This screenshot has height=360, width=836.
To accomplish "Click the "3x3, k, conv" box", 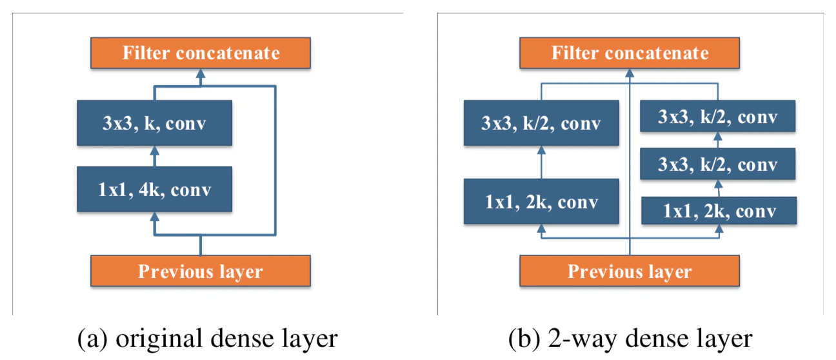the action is point(155,123).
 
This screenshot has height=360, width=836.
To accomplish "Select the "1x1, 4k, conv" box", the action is point(155,189).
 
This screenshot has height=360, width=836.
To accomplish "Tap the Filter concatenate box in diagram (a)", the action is point(201,53).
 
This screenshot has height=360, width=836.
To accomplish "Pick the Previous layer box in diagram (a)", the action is point(201,271).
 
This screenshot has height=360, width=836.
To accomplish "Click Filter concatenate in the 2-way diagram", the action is point(630,53).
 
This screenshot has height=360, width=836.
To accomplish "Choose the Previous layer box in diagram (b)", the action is point(630,271).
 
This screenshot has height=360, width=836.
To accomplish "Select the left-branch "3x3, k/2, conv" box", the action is point(541,123).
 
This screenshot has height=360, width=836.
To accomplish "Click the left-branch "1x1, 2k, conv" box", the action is point(541,202).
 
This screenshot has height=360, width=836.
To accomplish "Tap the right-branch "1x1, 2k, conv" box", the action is point(719,210).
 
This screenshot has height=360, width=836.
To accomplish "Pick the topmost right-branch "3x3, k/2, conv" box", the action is point(718,116).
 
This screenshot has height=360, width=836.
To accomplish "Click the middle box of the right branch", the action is point(718,164).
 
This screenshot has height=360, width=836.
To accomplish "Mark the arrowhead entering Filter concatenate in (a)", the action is point(201,73).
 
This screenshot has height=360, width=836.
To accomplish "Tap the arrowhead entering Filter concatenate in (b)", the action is point(630,73).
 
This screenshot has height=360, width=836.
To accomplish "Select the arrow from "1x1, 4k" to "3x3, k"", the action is point(155,156).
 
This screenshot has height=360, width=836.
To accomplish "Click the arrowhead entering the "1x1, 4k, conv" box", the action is point(155,217).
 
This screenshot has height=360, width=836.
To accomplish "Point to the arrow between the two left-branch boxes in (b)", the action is point(541,162).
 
